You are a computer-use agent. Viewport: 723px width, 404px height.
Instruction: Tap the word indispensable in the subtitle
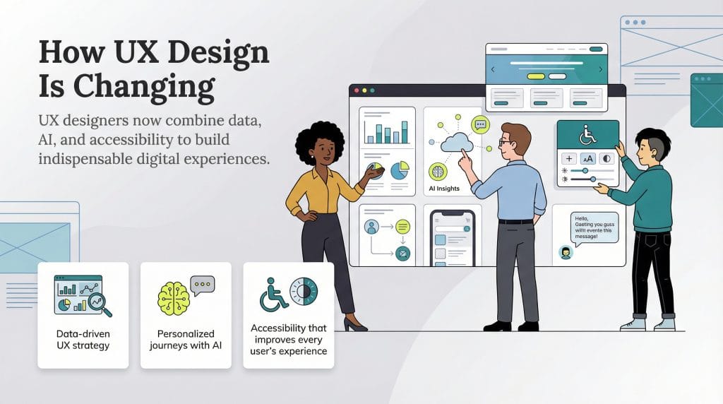pos(84,159)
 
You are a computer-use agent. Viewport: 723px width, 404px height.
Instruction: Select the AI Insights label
pos(444,189)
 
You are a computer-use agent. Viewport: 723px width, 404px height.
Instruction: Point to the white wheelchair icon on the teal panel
pos(587,134)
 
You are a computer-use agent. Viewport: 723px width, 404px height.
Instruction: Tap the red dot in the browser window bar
pos(356,91)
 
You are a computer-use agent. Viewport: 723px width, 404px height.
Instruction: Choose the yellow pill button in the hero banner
pos(537,76)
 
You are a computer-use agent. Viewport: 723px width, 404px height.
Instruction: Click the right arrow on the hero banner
pos(601,69)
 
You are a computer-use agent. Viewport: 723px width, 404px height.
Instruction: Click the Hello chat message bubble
pos(594,227)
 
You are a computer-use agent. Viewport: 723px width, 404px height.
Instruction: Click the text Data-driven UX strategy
pos(83,340)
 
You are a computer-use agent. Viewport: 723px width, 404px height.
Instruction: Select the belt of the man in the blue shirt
pos(515,221)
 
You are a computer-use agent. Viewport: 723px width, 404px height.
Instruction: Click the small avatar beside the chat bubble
pos(565,252)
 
